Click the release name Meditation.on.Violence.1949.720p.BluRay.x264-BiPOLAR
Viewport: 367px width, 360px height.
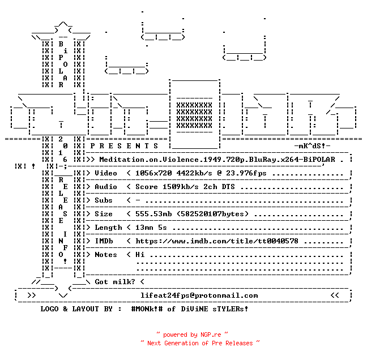[x=217, y=160]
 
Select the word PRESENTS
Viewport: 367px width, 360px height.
[x=124, y=146]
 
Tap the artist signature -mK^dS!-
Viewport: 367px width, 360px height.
[x=312, y=146]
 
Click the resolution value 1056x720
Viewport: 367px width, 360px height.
[x=153, y=173]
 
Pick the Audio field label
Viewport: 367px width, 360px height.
[x=106, y=187]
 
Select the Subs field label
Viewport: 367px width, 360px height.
[x=104, y=200]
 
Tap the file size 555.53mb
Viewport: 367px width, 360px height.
[x=153, y=214]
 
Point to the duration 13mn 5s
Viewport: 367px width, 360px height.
[x=151, y=228]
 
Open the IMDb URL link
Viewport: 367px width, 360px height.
[x=217, y=241]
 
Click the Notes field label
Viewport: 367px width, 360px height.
[x=106, y=255]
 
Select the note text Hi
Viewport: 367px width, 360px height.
[x=140, y=255]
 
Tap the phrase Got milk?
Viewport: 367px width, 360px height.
[x=115, y=282]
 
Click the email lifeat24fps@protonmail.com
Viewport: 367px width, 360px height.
[x=199, y=295]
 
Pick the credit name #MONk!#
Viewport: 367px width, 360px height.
[x=147, y=308]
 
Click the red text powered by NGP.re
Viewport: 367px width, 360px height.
[x=192, y=335]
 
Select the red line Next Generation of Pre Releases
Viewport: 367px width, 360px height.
[x=200, y=343]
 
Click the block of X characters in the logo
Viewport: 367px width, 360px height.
[x=194, y=115]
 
